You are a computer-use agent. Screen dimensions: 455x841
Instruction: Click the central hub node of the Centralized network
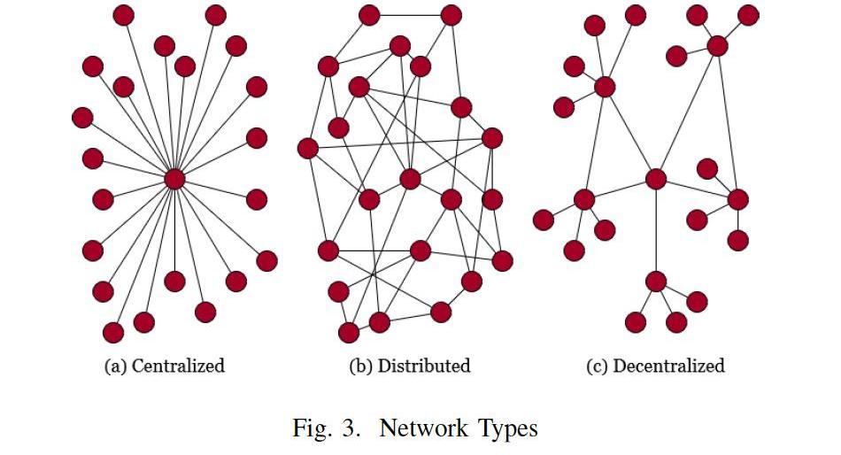174,179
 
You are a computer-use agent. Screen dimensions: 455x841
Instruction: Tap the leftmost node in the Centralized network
82,117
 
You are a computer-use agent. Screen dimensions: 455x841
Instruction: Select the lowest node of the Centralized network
113,332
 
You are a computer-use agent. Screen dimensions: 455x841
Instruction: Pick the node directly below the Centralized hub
174,281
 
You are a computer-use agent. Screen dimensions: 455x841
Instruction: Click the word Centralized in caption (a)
177,366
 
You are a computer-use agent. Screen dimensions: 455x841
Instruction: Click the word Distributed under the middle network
424,366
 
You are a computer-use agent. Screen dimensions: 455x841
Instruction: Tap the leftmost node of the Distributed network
308,148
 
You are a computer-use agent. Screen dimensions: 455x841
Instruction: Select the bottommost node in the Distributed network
349,332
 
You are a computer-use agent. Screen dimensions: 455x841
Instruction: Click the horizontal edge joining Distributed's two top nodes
410,15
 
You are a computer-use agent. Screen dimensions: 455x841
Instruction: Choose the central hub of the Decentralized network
655,179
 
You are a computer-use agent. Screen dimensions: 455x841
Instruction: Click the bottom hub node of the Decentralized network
655,281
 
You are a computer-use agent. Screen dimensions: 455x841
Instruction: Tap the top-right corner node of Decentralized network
748,15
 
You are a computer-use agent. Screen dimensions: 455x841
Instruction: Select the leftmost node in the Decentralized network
544,220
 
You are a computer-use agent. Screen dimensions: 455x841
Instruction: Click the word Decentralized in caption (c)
668,366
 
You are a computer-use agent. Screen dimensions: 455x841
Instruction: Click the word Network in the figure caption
420,428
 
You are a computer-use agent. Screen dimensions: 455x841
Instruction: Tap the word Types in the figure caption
504,428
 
